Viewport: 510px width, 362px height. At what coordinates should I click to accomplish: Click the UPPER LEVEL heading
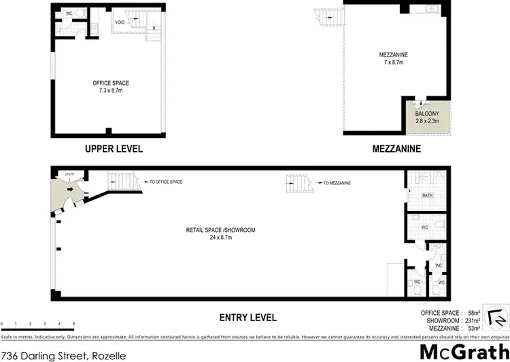tap(114, 149)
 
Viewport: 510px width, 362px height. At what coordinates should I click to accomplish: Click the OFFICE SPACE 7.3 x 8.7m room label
tap(111, 86)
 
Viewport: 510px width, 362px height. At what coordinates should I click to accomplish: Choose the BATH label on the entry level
tap(427, 196)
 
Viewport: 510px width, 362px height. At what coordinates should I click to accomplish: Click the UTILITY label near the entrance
tap(69, 176)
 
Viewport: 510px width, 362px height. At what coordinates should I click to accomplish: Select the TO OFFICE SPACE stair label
tap(165, 182)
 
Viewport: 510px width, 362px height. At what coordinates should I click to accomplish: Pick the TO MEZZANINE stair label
tap(337, 183)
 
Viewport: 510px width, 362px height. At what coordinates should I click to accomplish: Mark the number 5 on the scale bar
tap(73, 323)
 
